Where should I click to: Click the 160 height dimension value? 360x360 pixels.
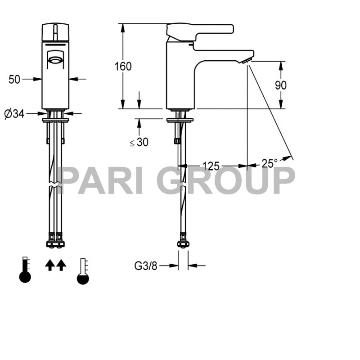point(123,67)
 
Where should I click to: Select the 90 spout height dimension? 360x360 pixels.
point(281,85)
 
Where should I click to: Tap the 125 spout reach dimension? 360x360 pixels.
point(211,166)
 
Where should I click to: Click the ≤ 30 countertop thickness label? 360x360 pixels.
point(139,142)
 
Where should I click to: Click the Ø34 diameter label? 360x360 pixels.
point(14,114)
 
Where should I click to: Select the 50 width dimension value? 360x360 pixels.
point(14,79)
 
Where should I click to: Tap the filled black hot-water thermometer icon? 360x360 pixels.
point(25,271)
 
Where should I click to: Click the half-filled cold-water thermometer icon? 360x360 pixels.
point(83,271)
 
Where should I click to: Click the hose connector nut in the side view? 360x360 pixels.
point(183,243)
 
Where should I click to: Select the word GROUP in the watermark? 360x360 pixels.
point(226,180)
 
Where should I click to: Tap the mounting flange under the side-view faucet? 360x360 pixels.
point(180,120)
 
